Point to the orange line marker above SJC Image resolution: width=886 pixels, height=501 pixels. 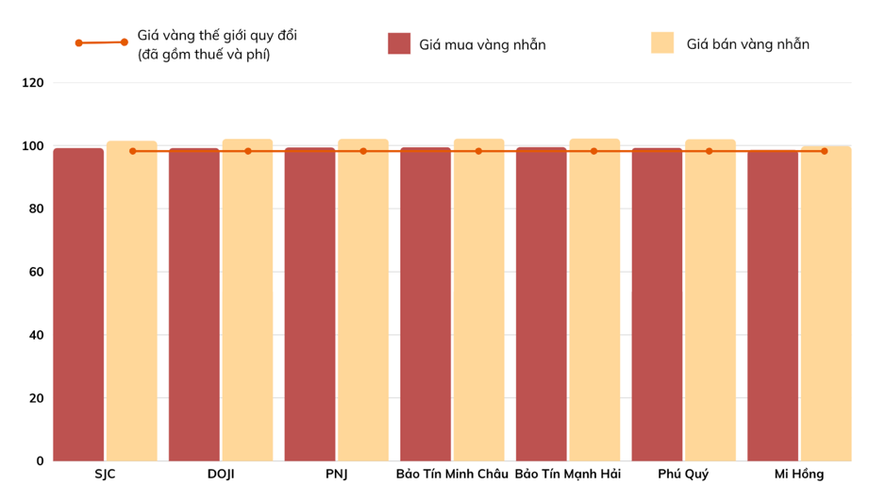pos(132,151)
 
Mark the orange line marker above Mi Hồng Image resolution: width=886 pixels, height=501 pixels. pos(824,151)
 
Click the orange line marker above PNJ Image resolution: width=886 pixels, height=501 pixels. pos(363,151)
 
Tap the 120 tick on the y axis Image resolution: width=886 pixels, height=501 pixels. pos(33,83)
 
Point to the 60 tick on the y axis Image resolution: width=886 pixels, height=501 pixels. pos(36,272)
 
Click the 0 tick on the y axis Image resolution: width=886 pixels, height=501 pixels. pos(40,460)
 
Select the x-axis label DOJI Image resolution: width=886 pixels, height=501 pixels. pos(221,475)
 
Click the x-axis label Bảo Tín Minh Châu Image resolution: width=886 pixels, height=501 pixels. pos(452,475)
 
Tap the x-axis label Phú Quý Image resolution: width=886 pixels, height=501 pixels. pos(683,475)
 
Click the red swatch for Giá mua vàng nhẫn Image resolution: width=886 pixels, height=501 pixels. pos(399,43)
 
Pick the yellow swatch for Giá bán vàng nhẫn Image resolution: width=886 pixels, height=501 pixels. pos(662,43)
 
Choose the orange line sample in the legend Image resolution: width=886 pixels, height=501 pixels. pos(102,42)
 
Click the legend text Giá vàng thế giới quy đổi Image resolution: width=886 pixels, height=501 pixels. pos(223,36)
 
